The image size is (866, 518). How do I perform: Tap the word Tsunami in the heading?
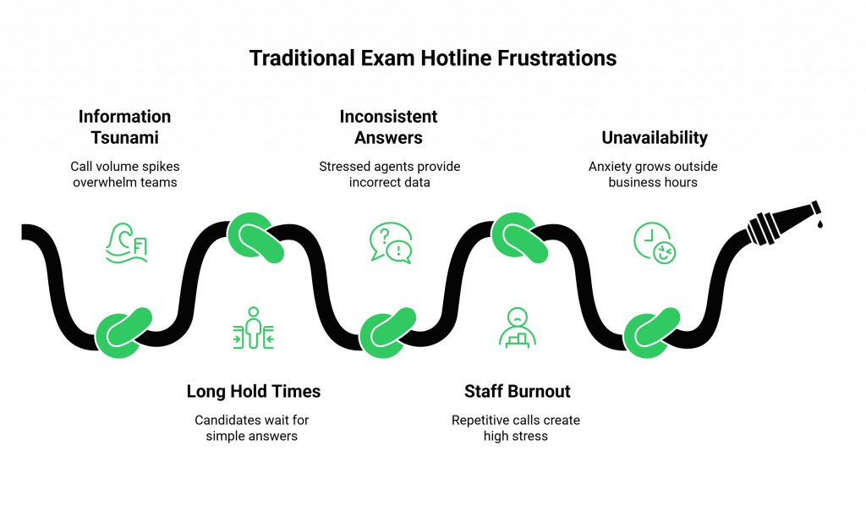point(125,137)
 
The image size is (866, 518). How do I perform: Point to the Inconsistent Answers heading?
point(389,127)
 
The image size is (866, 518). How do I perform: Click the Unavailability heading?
point(654,137)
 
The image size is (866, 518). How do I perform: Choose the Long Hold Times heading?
point(253,391)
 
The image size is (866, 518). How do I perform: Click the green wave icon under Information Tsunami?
point(126,243)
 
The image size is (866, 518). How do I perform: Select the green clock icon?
point(655,242)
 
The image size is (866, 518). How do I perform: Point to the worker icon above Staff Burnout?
point(517,328)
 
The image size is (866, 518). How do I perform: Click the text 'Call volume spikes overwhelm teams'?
point(125,174)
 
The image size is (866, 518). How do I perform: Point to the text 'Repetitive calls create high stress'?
point(517,427)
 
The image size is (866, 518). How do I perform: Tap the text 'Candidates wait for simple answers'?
point(253,427)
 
